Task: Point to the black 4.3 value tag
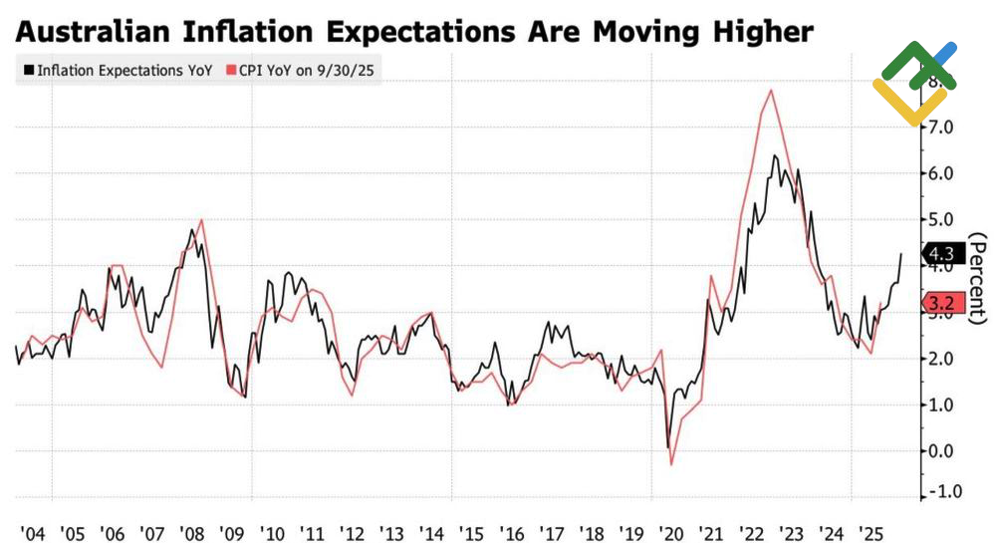tap(941, 254)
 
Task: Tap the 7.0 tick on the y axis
tap(941, 128)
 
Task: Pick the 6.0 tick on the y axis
tap(941, 173)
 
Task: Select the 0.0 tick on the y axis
tap(941, 451)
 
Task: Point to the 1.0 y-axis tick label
tap(941, 405)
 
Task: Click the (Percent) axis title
tap(978, 278)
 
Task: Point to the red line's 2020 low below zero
tap(671, 464)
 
